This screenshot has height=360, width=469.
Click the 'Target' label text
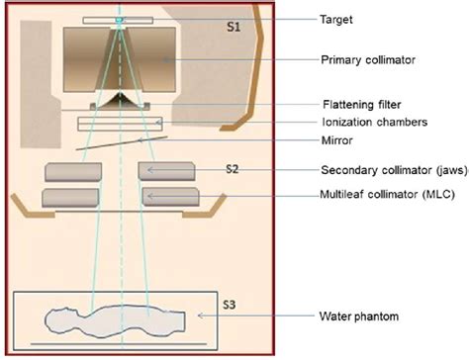pyautogui.click(x=336, y=19)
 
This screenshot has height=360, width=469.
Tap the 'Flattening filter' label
pyautogui.click(x=360, y=103)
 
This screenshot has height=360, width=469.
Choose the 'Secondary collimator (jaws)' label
pyautogui.click(x=386, y=169)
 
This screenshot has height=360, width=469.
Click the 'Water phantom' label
pyautogui.click(x=357, y=316)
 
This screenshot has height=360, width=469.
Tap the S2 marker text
pyautogui.click(x=232, y=169)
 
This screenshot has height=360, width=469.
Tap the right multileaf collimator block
pyautogui.click(x=170, y=197)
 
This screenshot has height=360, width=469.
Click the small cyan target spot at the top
pyautogui.click(x=119, y=21)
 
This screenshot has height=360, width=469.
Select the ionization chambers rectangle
pyautogui.click(x=120, y=124)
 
